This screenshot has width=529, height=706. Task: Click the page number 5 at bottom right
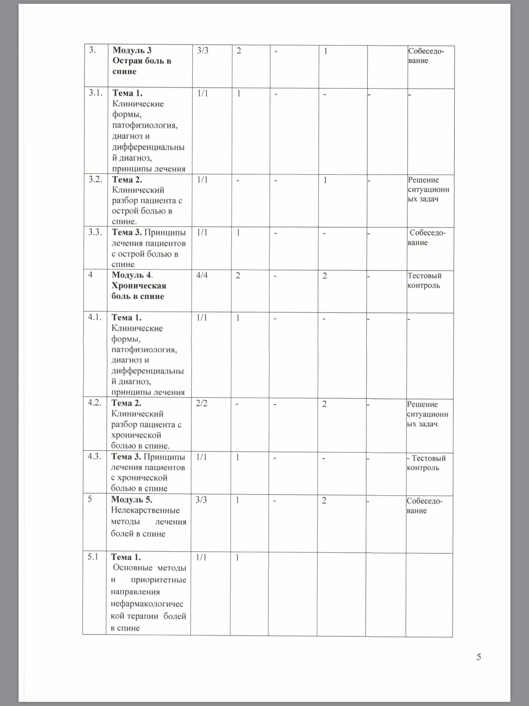tap(479, 657)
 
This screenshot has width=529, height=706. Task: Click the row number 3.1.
tap(96, 93)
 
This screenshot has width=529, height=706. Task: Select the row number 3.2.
tap(95, 179)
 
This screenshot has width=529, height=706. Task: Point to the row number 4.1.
tap(95, 317)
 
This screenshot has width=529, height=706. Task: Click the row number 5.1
tap(93, 557)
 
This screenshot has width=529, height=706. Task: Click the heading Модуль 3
tap(132, 50)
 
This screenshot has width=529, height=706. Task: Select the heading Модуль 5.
tap(132, 500)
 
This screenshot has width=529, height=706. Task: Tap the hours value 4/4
tap(202, 275)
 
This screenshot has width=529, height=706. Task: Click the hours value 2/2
tap(201, 403)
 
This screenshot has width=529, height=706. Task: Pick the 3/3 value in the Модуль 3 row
tap(203, 50)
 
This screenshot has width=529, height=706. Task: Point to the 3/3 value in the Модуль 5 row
tap(201, 500)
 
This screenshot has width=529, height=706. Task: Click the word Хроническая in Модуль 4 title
tap(138, 286)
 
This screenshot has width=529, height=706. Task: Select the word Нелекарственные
tap(145, 510)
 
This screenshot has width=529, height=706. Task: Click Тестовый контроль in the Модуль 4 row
tap(424, 280)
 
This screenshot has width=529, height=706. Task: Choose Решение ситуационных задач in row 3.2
tap(428, 189)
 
